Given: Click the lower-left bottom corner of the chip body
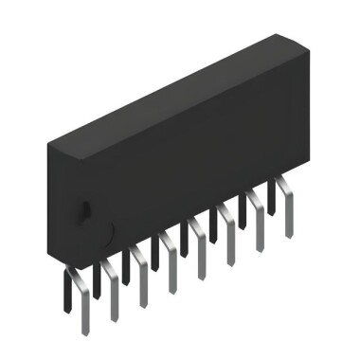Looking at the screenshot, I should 65,265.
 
